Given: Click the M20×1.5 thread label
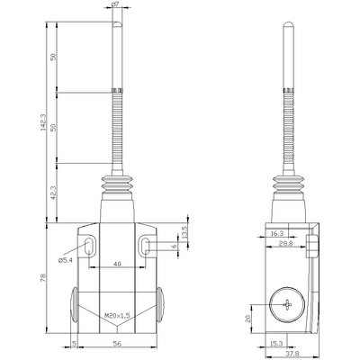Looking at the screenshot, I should tap(117, 314).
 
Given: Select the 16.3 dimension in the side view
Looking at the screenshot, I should tap(276, 233).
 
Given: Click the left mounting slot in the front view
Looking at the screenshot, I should tap(92, 247).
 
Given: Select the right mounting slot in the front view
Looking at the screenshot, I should tap(144, 247).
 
